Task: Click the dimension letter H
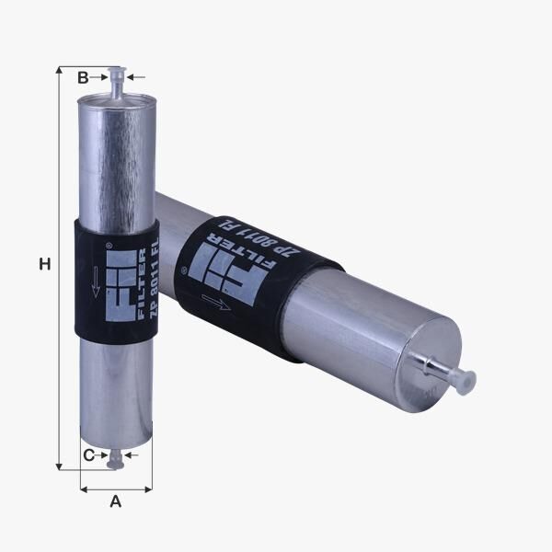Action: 45,264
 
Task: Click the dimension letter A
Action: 116,501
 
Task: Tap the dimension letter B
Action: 83,77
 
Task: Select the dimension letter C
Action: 88,455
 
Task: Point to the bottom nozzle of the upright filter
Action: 116,459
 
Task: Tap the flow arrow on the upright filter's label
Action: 96,282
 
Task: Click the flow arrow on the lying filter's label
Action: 216,302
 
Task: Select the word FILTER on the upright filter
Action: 142,283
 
